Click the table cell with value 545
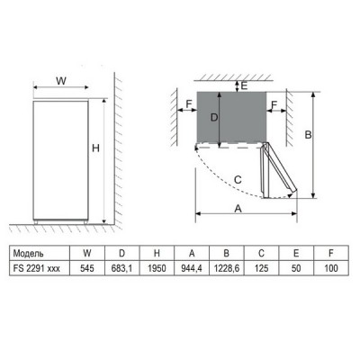tap(85, 268)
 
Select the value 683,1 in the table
tap(121, 268)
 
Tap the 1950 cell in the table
tap(157, 268)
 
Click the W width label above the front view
tap(61, 81)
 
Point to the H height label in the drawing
tap(94, 148)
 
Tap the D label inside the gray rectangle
tap(214, 117)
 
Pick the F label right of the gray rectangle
tap(274, 105)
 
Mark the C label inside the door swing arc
tap(236, 179)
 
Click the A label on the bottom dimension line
tap(238, 207)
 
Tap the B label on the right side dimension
tap(308, 135)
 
